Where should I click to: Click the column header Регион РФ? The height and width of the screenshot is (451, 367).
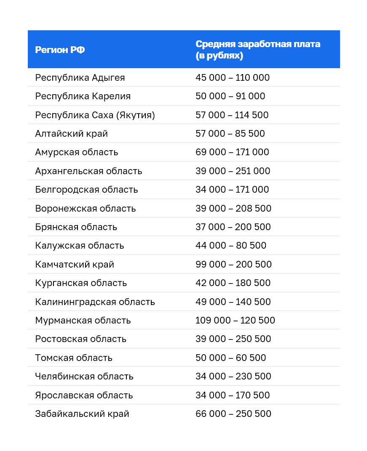click(x=60, y=50)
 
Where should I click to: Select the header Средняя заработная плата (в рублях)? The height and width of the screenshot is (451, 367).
click(x=257, y=50)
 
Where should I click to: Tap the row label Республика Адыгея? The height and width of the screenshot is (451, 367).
click(x=80, y=78)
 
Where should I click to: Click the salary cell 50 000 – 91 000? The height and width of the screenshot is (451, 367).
click(x=230, y=96)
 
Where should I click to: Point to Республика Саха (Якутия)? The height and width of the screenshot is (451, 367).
click(x=95, y=115)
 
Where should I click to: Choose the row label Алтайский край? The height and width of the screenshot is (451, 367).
click(x=72, y=134)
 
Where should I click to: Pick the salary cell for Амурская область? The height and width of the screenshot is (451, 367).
click(x=232, y=152)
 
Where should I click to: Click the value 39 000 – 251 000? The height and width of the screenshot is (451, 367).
click(x=233, y=171)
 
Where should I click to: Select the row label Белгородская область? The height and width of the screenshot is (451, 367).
click(x=86, y=190)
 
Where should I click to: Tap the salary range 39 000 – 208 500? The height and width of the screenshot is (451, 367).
click(x=233, y=209)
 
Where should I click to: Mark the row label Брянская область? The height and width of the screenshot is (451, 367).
click(x=76, y=227)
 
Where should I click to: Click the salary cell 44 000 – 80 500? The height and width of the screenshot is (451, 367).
click(x=231, y=246)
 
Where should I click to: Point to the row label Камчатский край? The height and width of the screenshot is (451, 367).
click(x=75, y=265)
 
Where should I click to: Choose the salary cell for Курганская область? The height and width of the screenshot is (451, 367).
click(x=233, y=283)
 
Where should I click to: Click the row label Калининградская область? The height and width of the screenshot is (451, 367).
click(x=95, y=302)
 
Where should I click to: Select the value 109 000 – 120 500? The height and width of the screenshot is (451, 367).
click(x=235, y=321)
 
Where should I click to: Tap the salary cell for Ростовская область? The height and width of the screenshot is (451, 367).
click(x=233, y=339)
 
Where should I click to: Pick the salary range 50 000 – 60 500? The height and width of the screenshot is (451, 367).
click(x=231, y=358)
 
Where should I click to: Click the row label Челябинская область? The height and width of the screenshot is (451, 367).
click(x=84, y=377)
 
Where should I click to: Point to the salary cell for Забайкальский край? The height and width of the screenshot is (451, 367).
click(x=233, y=414)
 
